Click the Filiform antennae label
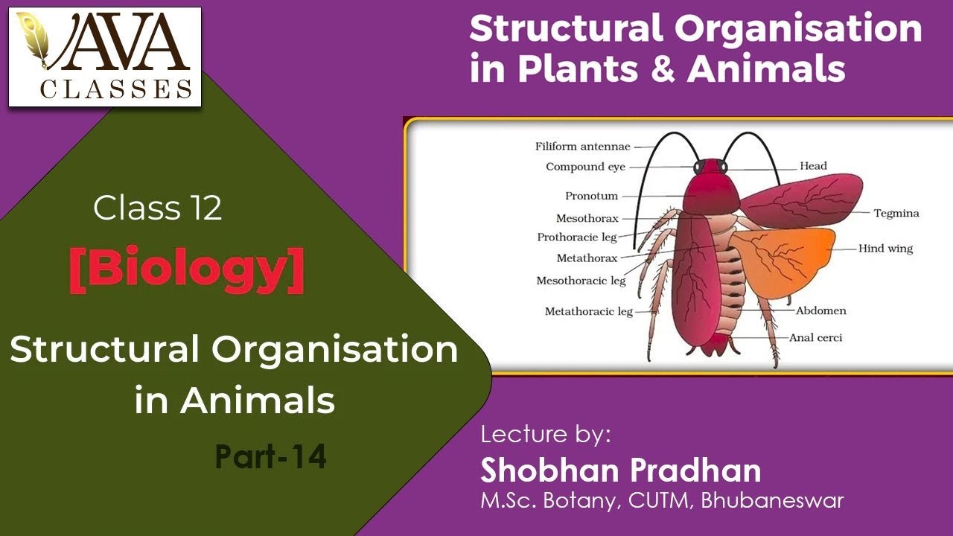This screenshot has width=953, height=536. [582, 147]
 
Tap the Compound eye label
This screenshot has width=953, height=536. [585, 167]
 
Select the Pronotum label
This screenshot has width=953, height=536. [591, 197]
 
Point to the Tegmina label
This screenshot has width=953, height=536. [896, 214]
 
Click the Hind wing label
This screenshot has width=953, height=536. [885, 249]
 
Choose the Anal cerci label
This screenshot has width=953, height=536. [816, 337]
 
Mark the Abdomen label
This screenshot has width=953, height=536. [820, 310]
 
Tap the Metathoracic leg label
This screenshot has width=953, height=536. [588, 311]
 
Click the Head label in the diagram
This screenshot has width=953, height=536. [813, 166]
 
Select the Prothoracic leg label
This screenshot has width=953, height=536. [577, 237]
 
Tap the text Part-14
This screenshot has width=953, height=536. [271, 457]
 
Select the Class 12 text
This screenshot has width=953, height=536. [158, 209]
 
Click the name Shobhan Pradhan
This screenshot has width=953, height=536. [620, 470]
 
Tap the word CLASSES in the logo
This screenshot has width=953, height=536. [115, 89]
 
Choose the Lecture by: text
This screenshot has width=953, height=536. [545, 434]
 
